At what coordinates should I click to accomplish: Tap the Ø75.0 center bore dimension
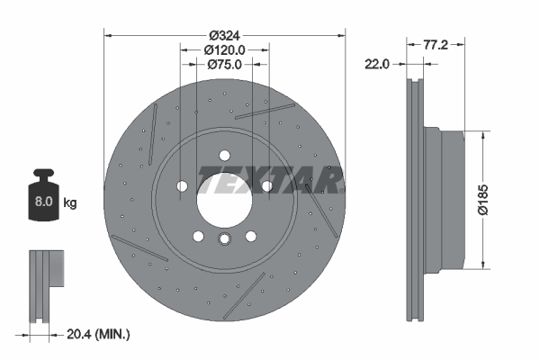tap(223, 64)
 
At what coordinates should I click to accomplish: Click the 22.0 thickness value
tap(379, 64)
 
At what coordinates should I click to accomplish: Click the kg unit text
tap(70, 203)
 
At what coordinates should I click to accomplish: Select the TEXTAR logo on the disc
tap(270, 180)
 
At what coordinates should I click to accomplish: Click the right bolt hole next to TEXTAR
tap(266, 186)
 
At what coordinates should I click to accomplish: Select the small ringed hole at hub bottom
tap(224, 238)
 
